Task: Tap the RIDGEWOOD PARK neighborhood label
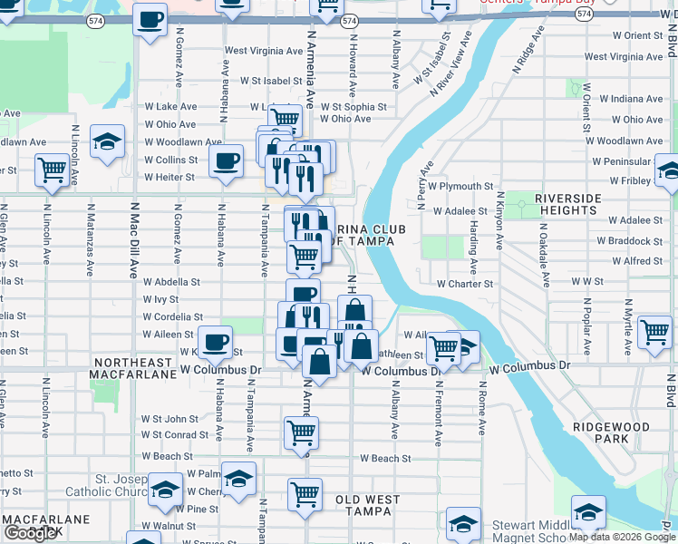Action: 612,432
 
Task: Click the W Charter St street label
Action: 464,284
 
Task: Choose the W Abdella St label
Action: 171,282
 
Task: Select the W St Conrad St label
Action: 175,434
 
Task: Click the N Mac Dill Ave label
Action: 132,245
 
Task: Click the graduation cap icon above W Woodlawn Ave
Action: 107,141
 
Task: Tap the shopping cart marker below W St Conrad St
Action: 302,432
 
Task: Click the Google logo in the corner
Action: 30,533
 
